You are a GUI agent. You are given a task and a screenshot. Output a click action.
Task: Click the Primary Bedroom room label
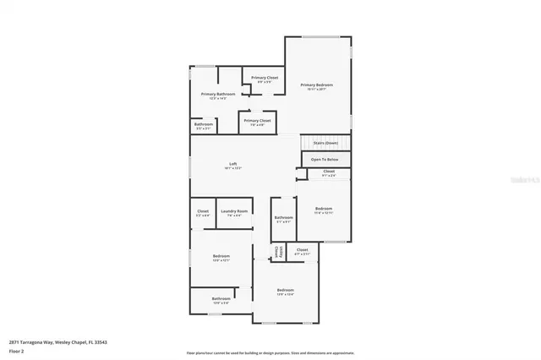[x=317, y=85]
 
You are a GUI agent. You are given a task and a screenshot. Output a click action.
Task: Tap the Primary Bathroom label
[x=217, y=94]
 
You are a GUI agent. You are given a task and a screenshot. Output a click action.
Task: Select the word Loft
[x=233, y=164]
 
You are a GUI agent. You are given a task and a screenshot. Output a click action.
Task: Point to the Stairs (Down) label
[x=325, y=143]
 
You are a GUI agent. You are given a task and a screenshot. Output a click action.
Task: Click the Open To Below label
[x=325, y=159]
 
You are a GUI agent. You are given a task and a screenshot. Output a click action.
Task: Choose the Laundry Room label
[x=234, y=210]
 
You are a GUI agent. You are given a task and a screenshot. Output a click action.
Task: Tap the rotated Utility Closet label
[x=276, y=253]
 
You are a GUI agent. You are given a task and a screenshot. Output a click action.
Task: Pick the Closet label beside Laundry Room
[x=203, y=210]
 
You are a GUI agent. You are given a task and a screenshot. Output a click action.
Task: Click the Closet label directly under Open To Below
[x=328, y=172]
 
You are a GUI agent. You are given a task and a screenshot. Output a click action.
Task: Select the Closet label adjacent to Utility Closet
[x=302, y=249]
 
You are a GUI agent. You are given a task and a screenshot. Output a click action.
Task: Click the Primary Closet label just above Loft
[x=257, y=120]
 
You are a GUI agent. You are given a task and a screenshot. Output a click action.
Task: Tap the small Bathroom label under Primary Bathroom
[x=204, y=124]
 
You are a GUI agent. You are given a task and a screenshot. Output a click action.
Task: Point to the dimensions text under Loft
[x=233, y=169]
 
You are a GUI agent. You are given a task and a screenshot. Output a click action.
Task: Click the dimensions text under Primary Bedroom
[x=317, y=90]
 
